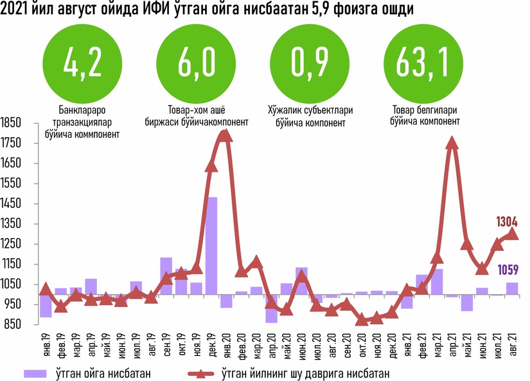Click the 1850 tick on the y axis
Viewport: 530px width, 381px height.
[x=12, y=123]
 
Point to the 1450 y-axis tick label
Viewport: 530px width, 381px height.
[x=12, y=203]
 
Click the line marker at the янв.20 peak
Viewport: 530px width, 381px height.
[x=225, y=135]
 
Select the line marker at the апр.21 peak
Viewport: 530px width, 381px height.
[x=452, y=142]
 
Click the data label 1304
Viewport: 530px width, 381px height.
[x=507, y=222]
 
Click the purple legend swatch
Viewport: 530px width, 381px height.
[x=35, y=373]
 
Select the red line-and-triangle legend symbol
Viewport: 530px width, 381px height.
[x=200, y=373]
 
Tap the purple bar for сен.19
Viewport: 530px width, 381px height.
[x=166, y=276]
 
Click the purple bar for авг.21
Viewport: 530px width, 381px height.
[x=512, y=289]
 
